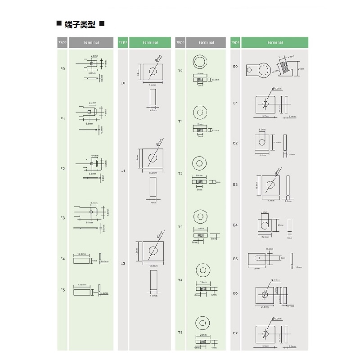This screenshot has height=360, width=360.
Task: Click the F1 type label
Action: pyautogui.click(x=63, y=119)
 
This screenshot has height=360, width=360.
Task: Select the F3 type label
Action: pyautogui.click(x=63, y=218)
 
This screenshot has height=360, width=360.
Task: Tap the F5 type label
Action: pyautogui.click(x=63, y=290)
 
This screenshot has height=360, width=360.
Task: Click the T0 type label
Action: pyautogui.click(x=180, y=71)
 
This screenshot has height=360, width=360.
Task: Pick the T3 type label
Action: pyautogui.click(x=180, y=227)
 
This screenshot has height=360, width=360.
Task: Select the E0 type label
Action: pyautogui.click(x=235, y=67)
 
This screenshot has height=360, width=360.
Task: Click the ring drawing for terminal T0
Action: pyautogui.click(x=200, y=62)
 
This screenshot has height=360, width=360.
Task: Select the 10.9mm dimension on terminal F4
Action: pyautogui.click(x=82, y=254)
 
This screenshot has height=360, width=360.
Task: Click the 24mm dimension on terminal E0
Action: pyautogui.click(x=301, y=69)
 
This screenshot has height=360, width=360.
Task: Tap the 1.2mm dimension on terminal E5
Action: pyautogui.click(x=297, y=267)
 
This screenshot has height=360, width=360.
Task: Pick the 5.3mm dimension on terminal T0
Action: pyautogui.click(x=216, y=80)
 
